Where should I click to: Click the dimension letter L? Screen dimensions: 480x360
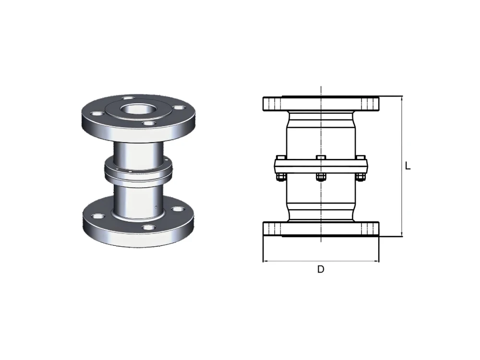tap(408, 166)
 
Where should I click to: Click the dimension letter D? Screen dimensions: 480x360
tap(321, 269)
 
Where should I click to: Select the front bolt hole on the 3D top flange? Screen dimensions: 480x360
tap(149, 124)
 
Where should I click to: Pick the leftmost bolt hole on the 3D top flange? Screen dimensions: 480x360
tap(97, 114)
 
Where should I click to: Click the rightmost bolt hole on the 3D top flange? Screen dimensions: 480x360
tap(179, 108)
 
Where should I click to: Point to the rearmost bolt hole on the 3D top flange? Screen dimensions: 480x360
tap(128, 98)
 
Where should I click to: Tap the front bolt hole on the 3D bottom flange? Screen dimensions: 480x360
tap(149, 228)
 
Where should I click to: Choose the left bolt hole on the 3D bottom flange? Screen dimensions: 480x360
tap(98, 216)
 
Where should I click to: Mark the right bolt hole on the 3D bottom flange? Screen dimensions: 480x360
tap(178, 209)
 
